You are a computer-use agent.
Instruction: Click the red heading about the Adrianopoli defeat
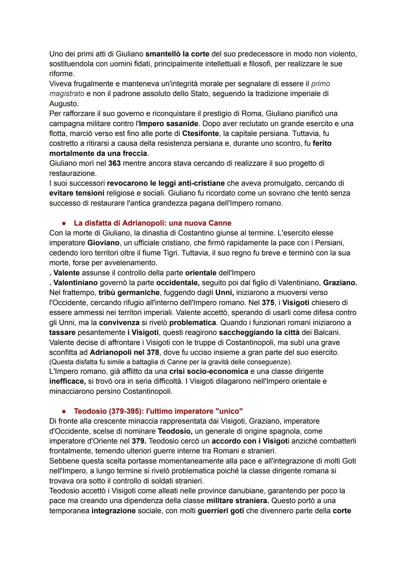pyautogui.click(x=152, y=223)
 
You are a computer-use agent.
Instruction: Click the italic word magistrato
pyautogui.click(x=66, y=93)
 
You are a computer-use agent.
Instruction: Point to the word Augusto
pyautogui.click(x=63, y=103)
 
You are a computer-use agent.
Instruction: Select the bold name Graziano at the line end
pyautogui.click(x=340, y=283)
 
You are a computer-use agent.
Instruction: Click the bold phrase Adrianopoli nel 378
pyautogui.click(x=124, y=352)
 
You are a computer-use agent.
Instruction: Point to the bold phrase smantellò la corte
pyautogui.click(x=177, y=54)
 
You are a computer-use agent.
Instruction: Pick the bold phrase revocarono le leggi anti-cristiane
pyautogui.click(x=166, y=183)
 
